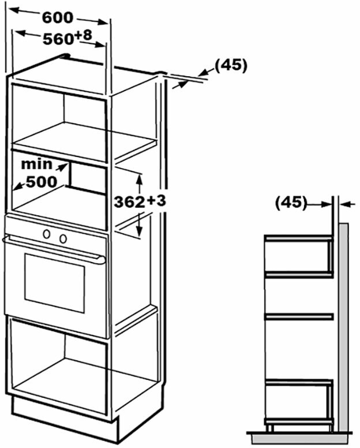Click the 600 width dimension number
57,17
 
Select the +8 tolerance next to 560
82,36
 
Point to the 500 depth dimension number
41,181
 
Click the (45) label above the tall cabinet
231,65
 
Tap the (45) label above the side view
290,203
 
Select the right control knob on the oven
62,238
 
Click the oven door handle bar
55,249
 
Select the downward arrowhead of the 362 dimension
139,230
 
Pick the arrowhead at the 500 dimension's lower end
17,187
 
